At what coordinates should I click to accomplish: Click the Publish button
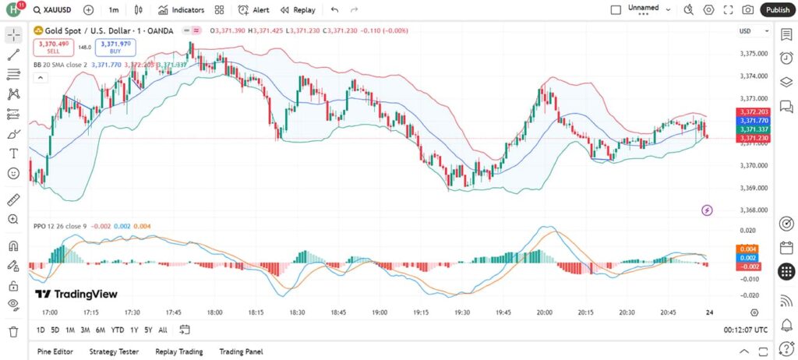coord(777,10)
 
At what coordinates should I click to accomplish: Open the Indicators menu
coord(181,10)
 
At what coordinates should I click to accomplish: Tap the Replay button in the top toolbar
coord(298,10)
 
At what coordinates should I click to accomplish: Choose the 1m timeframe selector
coord(114,10)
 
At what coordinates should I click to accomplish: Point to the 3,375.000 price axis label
coord(753,54)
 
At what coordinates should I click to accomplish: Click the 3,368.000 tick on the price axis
coord(753,210)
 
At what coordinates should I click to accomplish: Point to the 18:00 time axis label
coord(215,312)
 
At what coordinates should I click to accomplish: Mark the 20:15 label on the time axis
coord(585,312)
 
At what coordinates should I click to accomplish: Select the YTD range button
coord(118,330)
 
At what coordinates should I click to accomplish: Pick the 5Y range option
coord(148,330)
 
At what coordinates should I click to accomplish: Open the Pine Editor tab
coord(56,351)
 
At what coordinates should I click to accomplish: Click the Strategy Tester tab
coord(115,351)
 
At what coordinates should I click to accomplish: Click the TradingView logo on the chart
coord(76,294)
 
